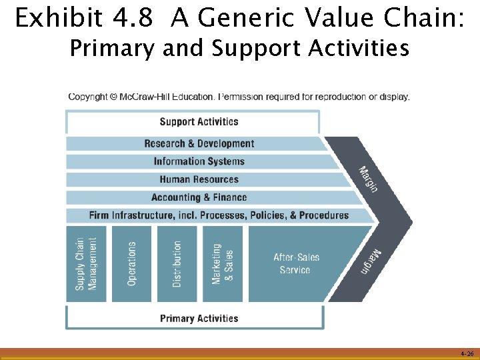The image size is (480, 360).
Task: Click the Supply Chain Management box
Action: (x=86, y=264)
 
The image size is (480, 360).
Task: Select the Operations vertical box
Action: (x=131, y=264)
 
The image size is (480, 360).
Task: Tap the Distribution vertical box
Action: (x=177, y=264)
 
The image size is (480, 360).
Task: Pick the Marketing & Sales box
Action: (x=222, y=264)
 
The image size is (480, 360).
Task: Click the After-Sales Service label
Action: (x=295, y=263)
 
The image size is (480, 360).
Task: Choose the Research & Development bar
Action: (x=199, y=143)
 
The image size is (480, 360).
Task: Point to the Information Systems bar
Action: (x=199, y=161)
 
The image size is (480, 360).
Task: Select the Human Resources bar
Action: (x=199, y=179)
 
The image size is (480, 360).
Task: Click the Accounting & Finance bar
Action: (x=199, y=197)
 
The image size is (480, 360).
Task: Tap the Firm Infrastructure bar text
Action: (x=219, y=215)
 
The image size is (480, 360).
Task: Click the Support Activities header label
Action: (x=199, y=121)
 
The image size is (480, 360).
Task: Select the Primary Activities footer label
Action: (x=199, y=318)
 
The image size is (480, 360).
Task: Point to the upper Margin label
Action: (x=369, y=179)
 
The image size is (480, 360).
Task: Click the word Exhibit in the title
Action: (x=55, y=19)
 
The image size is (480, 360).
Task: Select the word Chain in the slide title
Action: (x=424, y=19)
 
